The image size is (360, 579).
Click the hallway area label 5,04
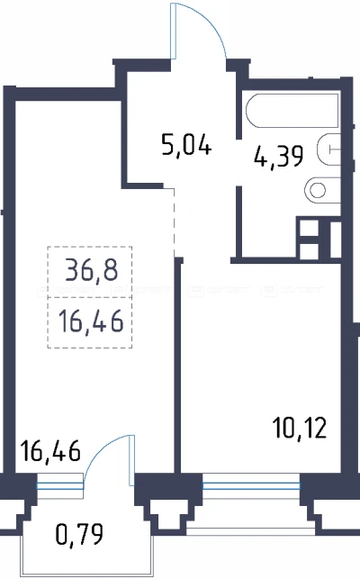(186, 146)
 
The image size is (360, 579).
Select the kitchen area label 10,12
(300, 428)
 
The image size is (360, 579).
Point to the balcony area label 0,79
(79, 534)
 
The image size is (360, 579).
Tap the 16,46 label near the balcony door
(50, 450)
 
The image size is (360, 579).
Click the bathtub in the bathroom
(292, 111)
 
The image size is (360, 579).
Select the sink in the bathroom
(329, 149)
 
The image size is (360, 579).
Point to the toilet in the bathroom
(322, 191)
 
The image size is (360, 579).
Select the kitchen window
(251, 484)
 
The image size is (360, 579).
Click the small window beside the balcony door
(59, 484)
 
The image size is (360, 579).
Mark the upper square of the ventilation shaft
(309, 228)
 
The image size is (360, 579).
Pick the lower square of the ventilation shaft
(309, 251)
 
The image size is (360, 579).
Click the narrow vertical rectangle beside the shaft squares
(336, 240)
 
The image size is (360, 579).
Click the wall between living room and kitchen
(179, 366)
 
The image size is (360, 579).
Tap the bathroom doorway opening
(238, 162)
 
